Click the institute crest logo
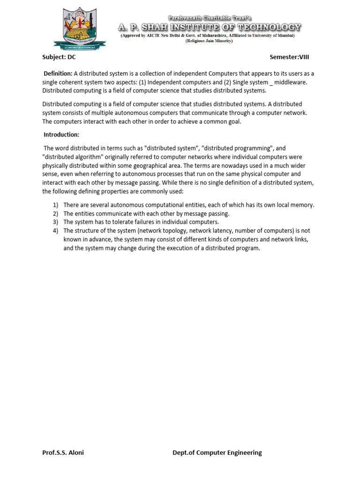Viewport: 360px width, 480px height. (x=80, y=29)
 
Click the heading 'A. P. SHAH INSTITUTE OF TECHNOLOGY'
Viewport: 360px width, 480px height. (x=210, y=28)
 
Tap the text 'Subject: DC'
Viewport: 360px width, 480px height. (x=59, y=57)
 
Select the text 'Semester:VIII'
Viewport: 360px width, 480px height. (x=289, y=57)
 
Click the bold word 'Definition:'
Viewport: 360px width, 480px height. (x=58, y=74)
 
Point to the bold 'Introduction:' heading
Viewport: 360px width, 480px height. (x=61, y=135)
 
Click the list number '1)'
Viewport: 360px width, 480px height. (x=55, y=205)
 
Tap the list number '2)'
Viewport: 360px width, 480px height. (x=55, y=213)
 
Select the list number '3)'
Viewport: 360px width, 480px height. (x=55, y=222)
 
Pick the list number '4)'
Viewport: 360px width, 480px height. (x=55, y=231)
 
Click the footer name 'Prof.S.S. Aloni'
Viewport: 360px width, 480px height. (x=63, y=452)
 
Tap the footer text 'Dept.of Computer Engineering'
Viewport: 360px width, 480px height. (x=217, y=452)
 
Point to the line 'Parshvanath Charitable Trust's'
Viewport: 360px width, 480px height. (x=210, y=18)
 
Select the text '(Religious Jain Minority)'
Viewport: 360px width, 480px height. (x=209, y=41)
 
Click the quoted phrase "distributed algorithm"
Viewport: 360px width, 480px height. (x=72, y=157)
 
